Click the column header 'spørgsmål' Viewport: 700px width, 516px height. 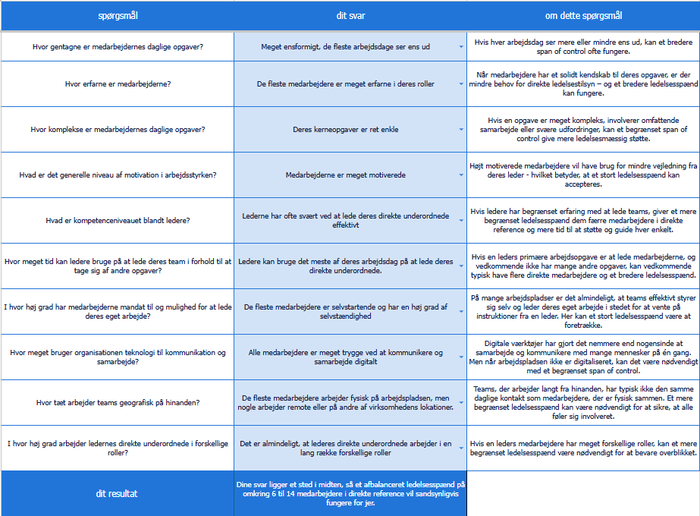pos(118,15)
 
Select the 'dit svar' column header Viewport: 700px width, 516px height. pos(350,15)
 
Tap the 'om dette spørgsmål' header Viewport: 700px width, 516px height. pos(583,15)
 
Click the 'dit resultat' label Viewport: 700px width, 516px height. pos(118,493)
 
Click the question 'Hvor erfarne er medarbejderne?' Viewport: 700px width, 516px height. pos(118,83)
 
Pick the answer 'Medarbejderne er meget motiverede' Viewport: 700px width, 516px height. pos(345,175)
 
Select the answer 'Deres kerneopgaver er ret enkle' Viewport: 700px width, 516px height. pos(345,129)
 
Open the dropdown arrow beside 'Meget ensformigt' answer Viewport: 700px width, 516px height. pos(460,46)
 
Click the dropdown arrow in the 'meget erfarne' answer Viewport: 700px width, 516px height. pos(460,84)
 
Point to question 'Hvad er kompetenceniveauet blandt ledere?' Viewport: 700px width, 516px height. pos(118,220)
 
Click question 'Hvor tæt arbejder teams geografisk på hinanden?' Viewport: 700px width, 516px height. pos(118,402)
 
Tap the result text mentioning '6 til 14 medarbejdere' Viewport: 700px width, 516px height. pos(350,493)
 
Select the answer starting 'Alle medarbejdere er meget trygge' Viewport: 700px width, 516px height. pos(345,357)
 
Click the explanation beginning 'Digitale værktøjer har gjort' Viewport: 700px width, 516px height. pos(583,357)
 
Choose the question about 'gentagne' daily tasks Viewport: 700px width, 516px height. pos(118,46)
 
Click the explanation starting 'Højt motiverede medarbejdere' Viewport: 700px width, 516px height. pos(583,175)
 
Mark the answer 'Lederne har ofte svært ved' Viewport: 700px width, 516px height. pos(345,220)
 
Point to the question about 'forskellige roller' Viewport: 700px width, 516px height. pos(118,448)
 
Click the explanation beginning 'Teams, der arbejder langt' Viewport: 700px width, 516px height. pos(583,402)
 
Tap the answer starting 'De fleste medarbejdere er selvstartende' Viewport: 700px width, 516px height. pos(345,311)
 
